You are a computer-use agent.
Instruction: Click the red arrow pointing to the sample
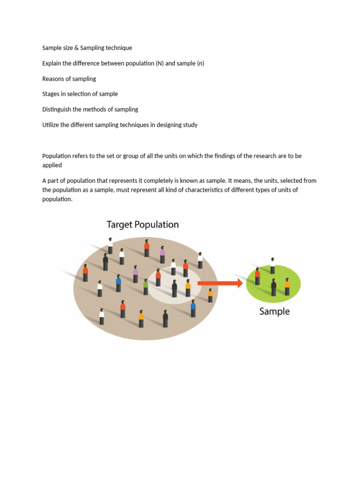220,283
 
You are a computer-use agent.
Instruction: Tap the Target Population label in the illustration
142,225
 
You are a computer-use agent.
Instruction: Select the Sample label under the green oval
274,311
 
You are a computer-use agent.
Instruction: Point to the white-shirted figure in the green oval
272,266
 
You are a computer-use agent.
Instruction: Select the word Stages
51,94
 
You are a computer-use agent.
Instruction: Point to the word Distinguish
58,109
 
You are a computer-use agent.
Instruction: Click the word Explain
52,63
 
